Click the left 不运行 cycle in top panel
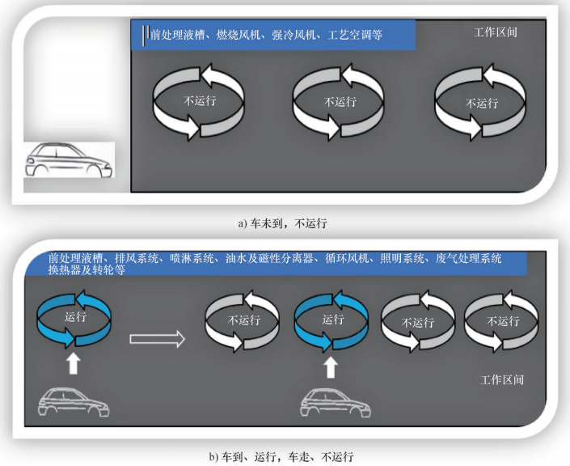tap(199, 101)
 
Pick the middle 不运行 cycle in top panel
tap(340, 102)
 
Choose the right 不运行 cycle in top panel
tap(482, 103)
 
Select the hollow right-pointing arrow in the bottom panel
tap(158, 338)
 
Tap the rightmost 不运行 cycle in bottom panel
tap(501, 320)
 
